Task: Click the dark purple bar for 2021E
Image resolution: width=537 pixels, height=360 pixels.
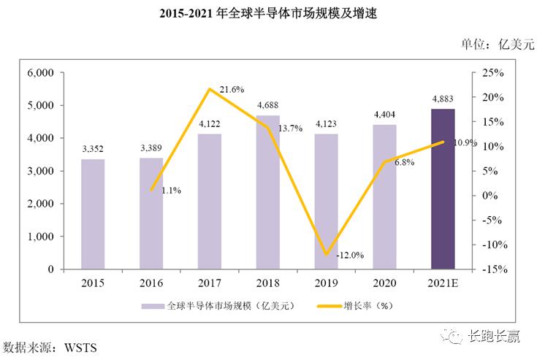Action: point(443,188)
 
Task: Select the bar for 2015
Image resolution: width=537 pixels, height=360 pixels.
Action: point(93,213)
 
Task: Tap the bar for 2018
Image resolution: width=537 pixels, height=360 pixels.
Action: point(268,191)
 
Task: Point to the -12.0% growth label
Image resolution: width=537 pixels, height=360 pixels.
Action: point(349,255)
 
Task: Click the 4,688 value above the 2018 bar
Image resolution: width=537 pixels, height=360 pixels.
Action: point(268,105)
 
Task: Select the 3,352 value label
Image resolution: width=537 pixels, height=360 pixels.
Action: point(93,149)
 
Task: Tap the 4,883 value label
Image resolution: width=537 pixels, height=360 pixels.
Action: point(443,99)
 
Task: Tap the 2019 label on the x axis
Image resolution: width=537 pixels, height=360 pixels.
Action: point(326,282)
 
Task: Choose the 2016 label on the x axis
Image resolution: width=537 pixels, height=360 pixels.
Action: point(151,282)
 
